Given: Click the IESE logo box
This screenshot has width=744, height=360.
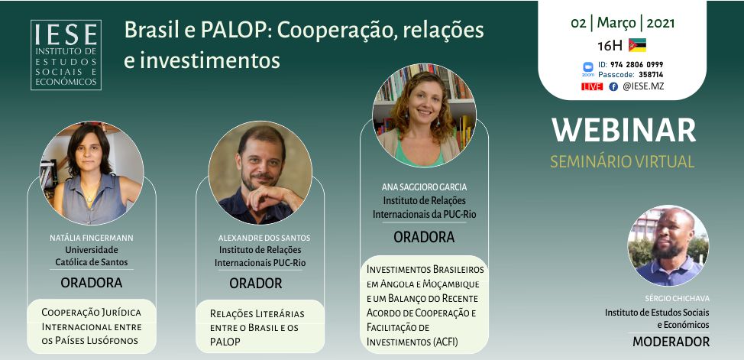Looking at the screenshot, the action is [66, 54].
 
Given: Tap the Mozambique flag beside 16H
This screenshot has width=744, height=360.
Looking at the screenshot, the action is [637, 45].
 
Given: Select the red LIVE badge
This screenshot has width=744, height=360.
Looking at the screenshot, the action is [592, 86].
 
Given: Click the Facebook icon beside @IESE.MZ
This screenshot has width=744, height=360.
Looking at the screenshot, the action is [613, 86].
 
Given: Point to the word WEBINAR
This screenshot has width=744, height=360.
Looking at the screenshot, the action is [623, 130].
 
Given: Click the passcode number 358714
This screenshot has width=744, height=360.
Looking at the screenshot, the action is [650, 75].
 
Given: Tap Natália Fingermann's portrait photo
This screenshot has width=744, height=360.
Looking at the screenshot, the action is [92, 173].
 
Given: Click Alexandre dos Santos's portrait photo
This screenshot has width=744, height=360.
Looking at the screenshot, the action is [260, 173].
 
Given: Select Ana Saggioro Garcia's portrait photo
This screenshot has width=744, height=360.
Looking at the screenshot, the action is [424, 115].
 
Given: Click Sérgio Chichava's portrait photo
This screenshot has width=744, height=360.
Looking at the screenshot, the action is [668, 245].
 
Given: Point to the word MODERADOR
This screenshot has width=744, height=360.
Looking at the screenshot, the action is [671, 342].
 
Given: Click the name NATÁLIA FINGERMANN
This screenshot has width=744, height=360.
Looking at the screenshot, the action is [92, 238].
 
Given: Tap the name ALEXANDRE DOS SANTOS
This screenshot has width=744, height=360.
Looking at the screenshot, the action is [264, 238].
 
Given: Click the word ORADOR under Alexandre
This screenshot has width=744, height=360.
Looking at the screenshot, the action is [256, 284].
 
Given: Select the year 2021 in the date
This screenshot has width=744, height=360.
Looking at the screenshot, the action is [661, 23].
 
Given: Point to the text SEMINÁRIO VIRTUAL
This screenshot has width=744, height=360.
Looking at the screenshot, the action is [623, 161].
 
